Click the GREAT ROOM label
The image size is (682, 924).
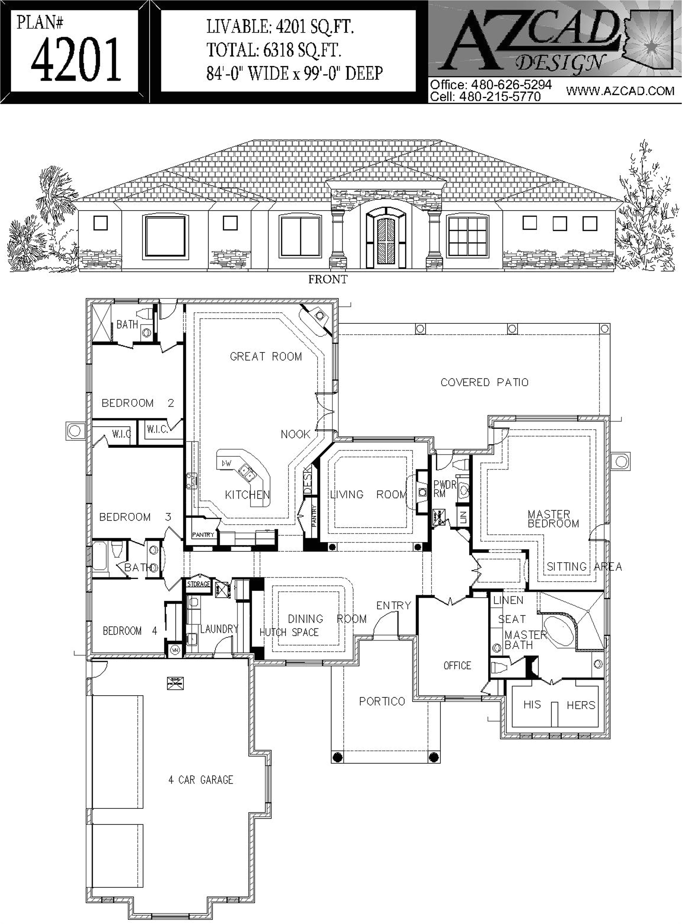coord(266,357)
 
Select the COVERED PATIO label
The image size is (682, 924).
coord(484,382)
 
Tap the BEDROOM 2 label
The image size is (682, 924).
coord(138,403)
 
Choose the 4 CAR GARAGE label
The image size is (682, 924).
coord(201,780)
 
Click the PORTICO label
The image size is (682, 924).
coord(382,701)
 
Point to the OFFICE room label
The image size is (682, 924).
coord(457,666)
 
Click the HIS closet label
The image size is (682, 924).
coord(532,704)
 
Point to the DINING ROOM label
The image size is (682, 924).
coord(327,619)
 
